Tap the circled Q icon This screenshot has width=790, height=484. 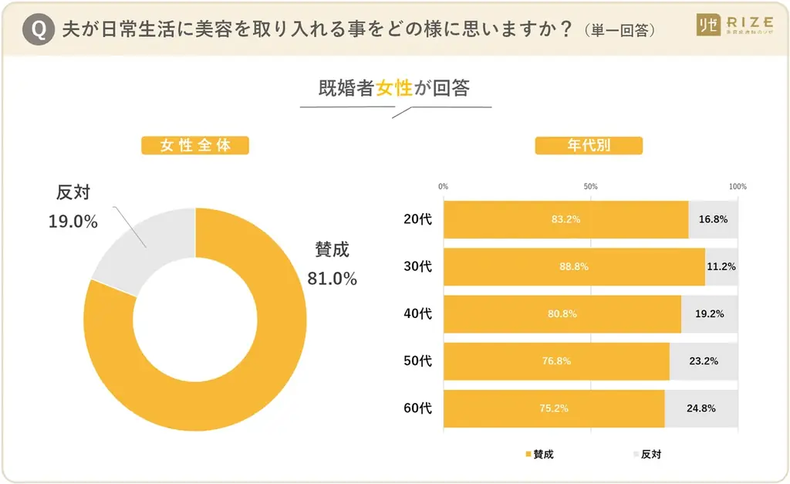(39, 29)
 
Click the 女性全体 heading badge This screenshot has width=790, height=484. (195, 145)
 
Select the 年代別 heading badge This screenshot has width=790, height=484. (589, 145)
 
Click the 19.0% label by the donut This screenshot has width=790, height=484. (73, 222)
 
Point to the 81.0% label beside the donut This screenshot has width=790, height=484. (332, 279)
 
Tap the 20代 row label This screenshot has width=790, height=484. (417, 219)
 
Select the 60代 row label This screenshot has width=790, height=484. (417, 408)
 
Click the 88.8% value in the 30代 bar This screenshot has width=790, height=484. (574, 266)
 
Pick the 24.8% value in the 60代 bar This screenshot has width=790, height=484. (700, 408)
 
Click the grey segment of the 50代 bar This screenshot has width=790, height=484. (704, 361)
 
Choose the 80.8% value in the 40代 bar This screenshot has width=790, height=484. (562, 314)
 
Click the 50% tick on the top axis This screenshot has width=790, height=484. (590, 187)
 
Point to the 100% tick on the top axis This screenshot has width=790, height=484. (738, 187)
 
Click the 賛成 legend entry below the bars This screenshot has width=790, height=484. (539, 454)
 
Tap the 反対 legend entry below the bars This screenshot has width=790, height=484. (647, 454)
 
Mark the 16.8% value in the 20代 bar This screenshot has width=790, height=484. (713, 219)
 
